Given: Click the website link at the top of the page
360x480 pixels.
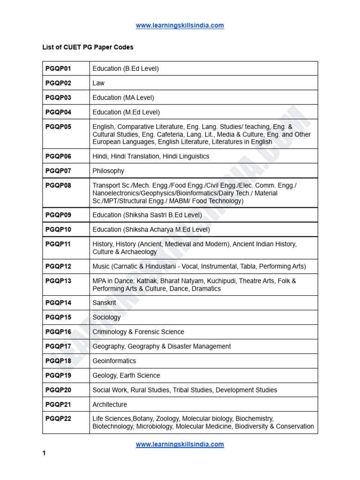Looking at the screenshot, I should pos(180,26).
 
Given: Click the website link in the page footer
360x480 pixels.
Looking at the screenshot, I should pos(180,444).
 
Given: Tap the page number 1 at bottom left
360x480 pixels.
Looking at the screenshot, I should pos(45,453).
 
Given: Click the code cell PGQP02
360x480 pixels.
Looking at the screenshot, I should pos(59,83).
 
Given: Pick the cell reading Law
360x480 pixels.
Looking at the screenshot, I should pos(98,83).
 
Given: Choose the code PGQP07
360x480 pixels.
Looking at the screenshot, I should pos(59,171).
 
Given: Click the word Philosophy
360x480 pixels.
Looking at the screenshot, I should pos(108,171).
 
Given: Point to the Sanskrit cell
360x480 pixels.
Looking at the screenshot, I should pos(104,303).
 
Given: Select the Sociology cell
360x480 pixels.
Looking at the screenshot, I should pos(106,317).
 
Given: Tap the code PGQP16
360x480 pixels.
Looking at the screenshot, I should pos(59,332).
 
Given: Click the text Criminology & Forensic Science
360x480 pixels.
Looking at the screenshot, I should pos(138,332).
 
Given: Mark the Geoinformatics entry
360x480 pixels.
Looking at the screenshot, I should pos(114,361).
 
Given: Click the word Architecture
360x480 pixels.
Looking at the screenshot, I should pos(110,405).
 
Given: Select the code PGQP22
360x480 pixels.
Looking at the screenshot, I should pos(59,419).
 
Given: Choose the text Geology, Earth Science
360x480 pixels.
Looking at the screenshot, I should pos(126,375).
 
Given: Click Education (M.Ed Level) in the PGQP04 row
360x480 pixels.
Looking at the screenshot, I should pos(126,112).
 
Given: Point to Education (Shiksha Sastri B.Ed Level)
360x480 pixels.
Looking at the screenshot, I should pos(147,215).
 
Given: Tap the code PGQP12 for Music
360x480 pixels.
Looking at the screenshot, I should pos(59,266).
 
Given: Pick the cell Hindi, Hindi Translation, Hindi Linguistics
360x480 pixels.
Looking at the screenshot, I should pos(151,156).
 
